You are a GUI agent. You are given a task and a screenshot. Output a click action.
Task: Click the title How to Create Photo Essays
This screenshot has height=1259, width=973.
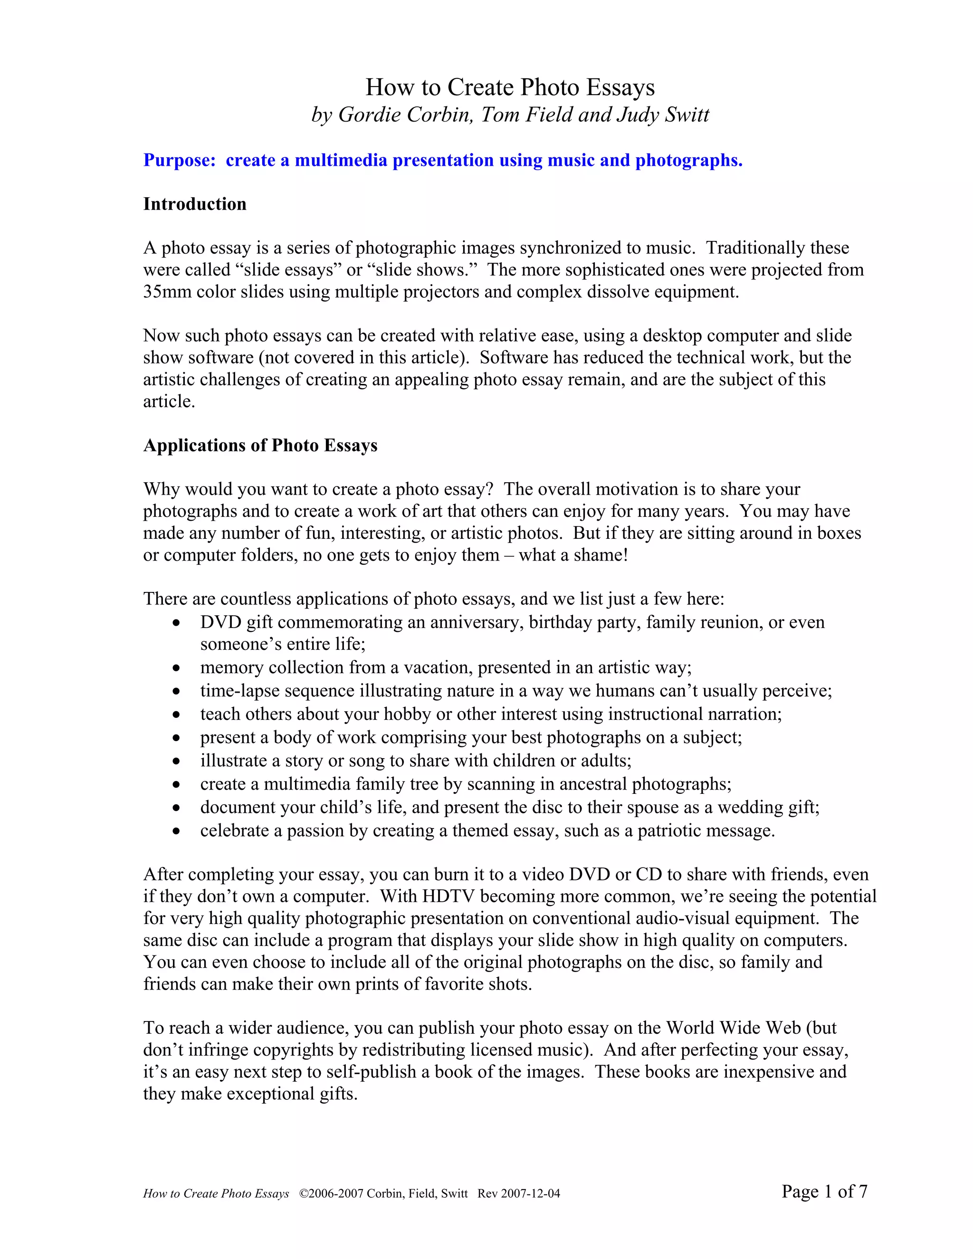(510, 87)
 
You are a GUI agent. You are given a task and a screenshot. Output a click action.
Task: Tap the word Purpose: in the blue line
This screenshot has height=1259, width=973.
(179, 160)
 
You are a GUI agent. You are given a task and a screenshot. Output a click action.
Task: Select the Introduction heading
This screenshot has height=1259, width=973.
(195, 204)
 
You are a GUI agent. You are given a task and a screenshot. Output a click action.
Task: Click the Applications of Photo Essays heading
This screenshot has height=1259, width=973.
(260, 445)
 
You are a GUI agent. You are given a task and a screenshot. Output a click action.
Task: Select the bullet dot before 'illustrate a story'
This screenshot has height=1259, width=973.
(176, 762)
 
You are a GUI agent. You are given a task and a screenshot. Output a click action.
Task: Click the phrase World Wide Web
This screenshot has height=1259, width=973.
(733, 1028)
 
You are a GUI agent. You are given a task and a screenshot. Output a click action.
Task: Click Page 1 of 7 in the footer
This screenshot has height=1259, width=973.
(824, 1191)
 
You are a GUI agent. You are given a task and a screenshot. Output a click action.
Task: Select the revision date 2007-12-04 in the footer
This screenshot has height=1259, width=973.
(530, 1193)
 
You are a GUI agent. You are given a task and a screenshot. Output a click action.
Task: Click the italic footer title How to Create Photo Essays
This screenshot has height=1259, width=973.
(216, 1193)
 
